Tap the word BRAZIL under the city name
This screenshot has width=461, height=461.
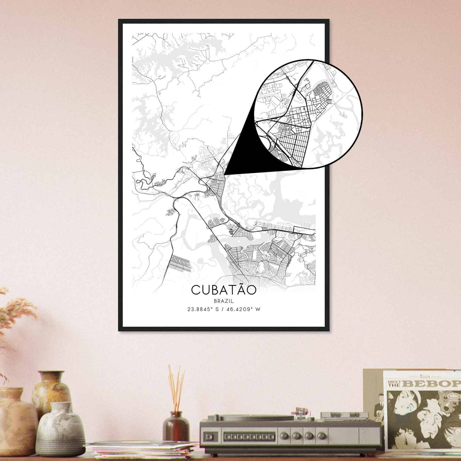(224, 301)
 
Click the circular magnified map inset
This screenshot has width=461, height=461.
(308, 114)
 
